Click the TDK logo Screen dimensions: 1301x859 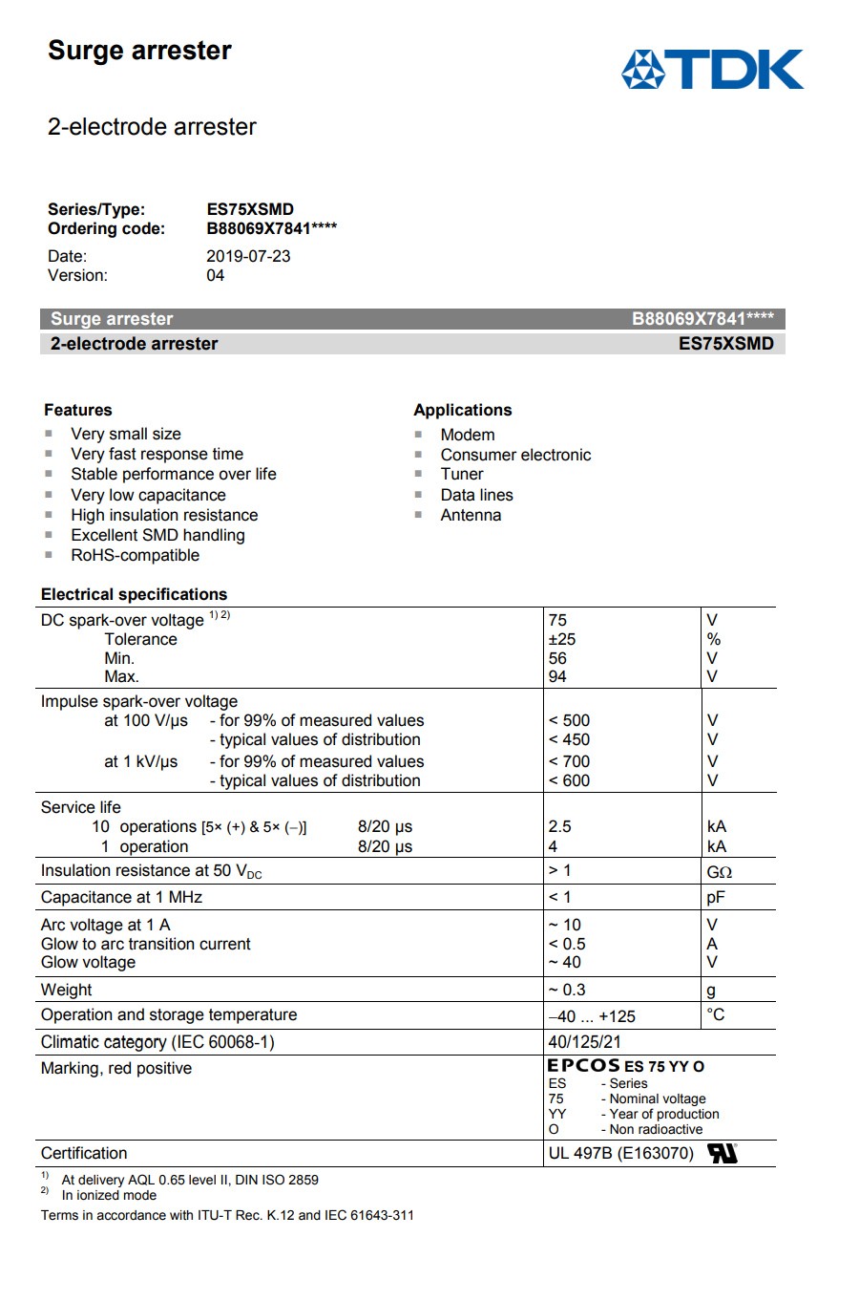click(712, 70)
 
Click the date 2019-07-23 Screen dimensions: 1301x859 click(248, 256)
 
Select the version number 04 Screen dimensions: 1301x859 click(216, 275)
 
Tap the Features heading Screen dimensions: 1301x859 click(78, 410)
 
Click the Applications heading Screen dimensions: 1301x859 click(463, 410)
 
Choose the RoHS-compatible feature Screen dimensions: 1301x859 click(136, 555)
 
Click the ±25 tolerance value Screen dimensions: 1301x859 click(562, 639)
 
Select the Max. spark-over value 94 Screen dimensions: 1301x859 click(557, 676)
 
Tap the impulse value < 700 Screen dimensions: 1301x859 click(570, 761)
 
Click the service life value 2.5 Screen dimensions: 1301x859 click(560, 826)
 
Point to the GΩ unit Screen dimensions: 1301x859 click(719, 871)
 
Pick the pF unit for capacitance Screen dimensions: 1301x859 click(716, 897)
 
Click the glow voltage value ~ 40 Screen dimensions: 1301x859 click(564, 962)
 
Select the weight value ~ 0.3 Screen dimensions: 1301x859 click(567, 990)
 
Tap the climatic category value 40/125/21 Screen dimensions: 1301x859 click(584, 1042)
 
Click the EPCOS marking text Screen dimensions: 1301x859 click(583, 1066)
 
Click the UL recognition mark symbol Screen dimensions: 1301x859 click(723, 1153)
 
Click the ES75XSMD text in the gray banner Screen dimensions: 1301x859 click(725, 344)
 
